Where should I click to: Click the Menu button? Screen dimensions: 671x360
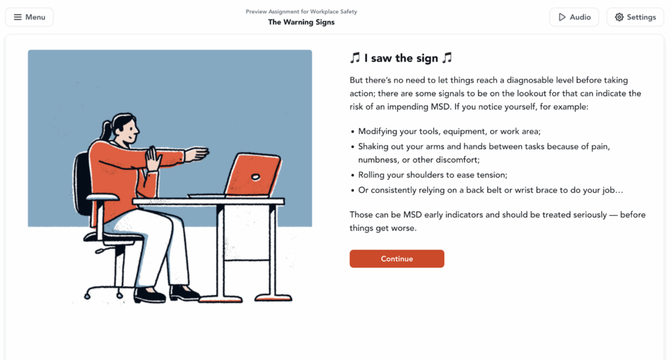(29, 17)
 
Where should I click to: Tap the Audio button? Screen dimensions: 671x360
(574, 17)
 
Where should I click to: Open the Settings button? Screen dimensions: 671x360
(635, 17)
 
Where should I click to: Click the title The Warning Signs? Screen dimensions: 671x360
(301, 22)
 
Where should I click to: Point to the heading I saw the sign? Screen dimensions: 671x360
(401, 58)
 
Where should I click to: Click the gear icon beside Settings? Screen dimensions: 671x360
(619, 17)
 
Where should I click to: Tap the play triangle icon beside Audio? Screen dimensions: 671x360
(562, 17)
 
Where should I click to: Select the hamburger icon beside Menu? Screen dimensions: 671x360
(18, 17)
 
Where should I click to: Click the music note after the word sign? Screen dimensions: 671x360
(447, 58)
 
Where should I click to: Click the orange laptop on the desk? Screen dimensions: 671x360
(252, 174)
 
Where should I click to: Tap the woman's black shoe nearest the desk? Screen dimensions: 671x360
(184, 293)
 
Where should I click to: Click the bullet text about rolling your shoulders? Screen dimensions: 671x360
(432, 175)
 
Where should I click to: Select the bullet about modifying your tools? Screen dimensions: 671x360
(450, 131)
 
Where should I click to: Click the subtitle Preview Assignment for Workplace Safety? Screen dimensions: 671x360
(301, 12)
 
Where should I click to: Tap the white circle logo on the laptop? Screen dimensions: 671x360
(256, 177)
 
